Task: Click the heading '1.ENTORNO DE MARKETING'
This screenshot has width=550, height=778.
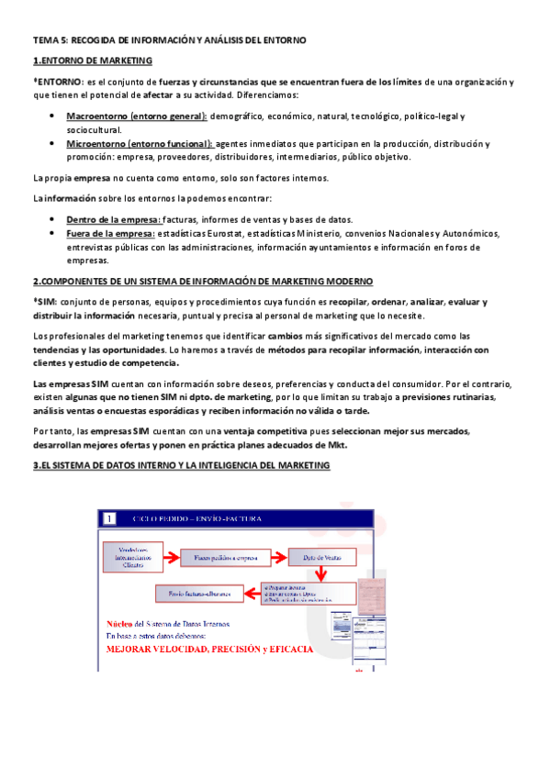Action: (92, 61)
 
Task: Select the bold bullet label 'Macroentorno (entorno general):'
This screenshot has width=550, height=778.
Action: (137, 117)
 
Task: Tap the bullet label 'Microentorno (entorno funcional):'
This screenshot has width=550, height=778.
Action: (140, 144)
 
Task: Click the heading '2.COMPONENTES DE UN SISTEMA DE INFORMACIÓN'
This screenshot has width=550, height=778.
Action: (202, 281)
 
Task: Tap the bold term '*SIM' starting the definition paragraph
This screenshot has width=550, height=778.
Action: (45, 303)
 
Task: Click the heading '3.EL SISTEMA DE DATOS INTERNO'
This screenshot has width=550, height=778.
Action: (181, 466)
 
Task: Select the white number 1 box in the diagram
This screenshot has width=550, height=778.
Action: (109, 519)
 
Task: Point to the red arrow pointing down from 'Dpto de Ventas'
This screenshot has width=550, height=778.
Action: (320, 574)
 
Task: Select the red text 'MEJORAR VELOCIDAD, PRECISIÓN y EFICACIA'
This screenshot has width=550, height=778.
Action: (209, 650)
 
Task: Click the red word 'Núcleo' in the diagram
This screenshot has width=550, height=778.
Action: (121, 624)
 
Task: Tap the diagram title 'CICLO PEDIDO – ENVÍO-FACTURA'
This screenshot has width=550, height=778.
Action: (197, 519)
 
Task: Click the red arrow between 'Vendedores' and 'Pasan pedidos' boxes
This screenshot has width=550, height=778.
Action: (171, 556)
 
